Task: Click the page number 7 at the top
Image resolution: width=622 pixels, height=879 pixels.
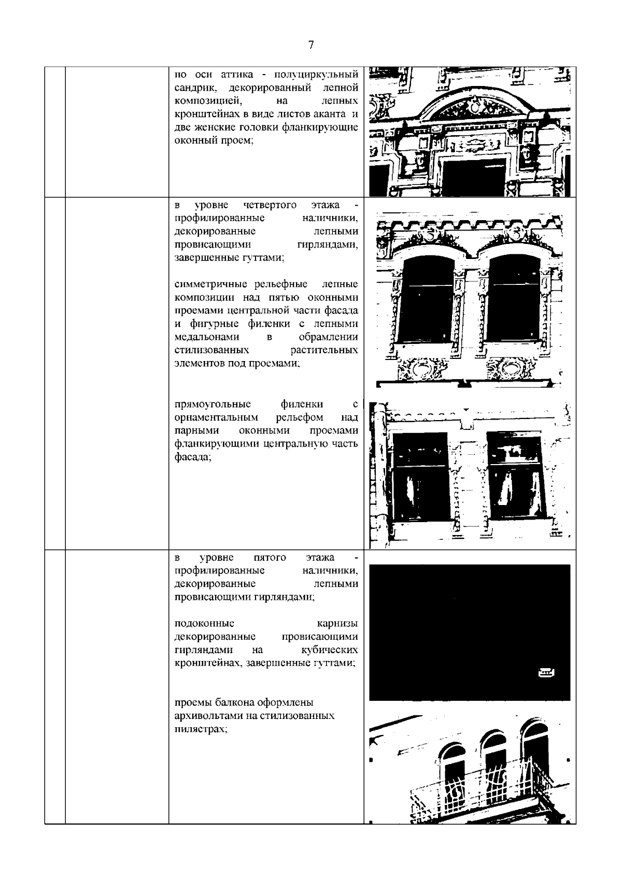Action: click(311, 45)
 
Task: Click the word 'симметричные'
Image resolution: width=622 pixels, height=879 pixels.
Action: click(207, 284)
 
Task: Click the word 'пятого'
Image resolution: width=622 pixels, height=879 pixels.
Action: click(270, 558)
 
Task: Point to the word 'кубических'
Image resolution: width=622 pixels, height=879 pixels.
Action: click(330, 650)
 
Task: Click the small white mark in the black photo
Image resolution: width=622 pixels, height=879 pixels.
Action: click(546, 673)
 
